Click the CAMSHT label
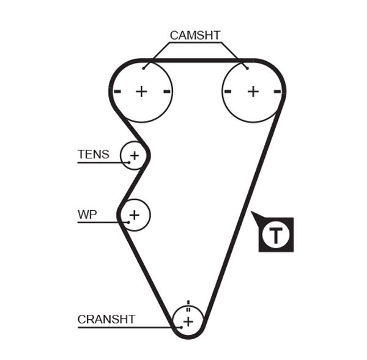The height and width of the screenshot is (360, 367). coord(195,35)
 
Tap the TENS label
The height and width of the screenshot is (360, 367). coord(93,154)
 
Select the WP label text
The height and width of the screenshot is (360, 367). coord(87,215)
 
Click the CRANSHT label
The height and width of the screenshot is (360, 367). coord(106,319)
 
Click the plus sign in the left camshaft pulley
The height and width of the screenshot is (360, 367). coord(142,92)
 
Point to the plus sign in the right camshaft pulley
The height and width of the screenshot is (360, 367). coord(253,92)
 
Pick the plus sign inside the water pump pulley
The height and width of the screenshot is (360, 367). coord(135,215)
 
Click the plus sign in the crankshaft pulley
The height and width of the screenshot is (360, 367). coord(188,321)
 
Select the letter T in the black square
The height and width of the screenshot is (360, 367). coord(276,234)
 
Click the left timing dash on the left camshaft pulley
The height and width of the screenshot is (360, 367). coord(117,92)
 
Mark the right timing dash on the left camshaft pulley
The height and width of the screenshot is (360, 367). coord(166,92)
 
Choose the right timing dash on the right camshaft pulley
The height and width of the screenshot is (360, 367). coord(278,92)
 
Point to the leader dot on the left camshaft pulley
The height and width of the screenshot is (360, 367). coord(144,68)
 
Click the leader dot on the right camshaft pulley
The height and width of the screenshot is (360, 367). coord(247,68)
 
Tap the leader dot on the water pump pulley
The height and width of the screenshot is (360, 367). coord(128,222)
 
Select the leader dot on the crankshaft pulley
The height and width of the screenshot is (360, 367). coord(180,328)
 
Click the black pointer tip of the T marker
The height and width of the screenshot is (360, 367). coord(253,213)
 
